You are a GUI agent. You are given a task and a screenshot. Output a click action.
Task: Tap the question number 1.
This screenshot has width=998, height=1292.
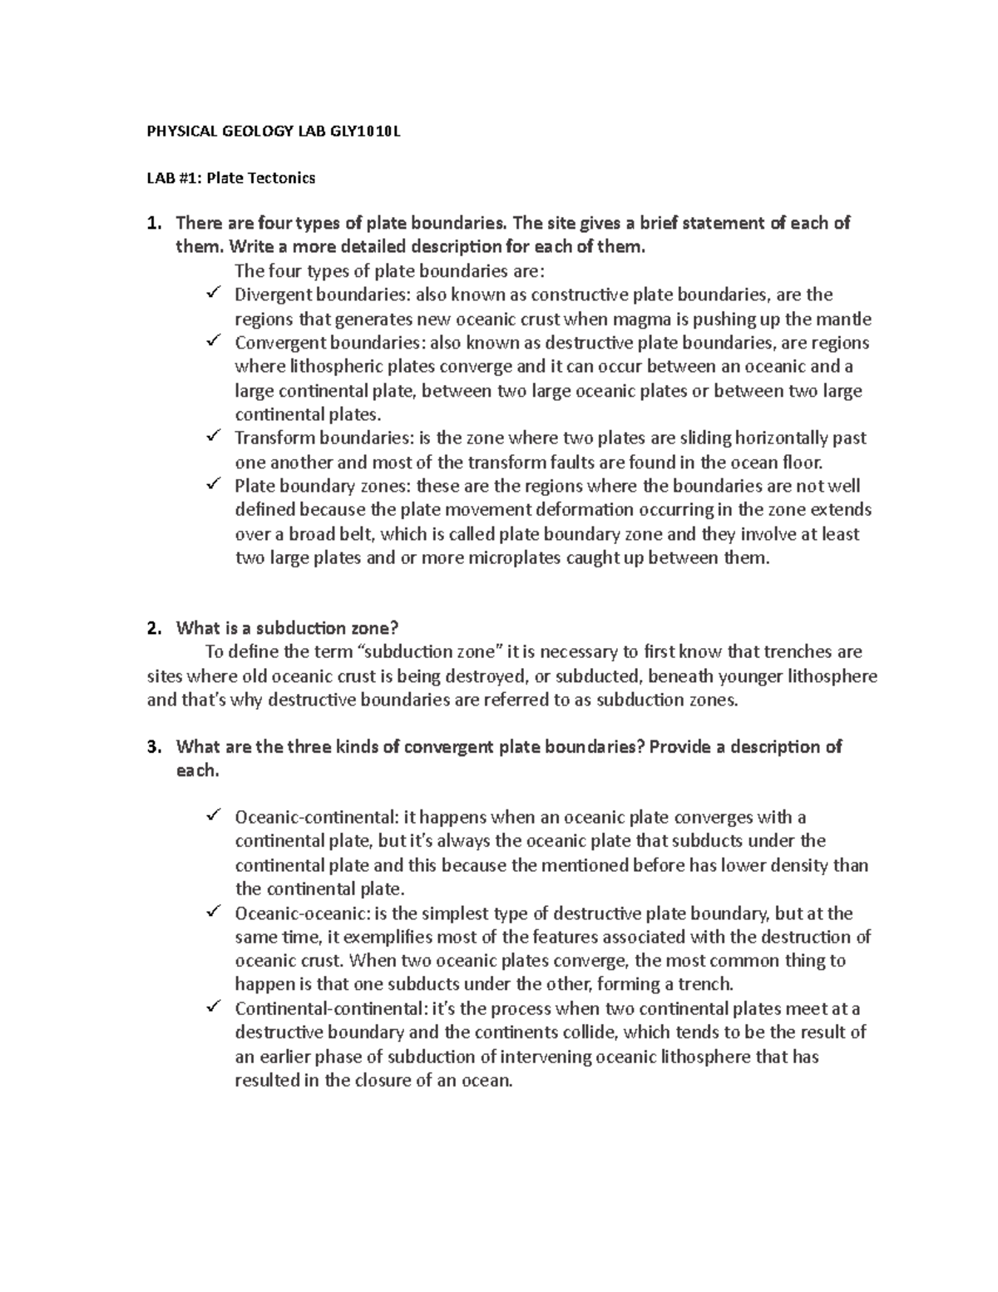pyautogui.click(x=151, y=224)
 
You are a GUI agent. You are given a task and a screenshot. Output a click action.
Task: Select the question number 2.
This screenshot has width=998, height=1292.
pyautogui.click(x=151, y=628)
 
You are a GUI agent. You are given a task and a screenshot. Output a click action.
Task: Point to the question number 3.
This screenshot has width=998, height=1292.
pyautogui.click(x=151, y=747)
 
